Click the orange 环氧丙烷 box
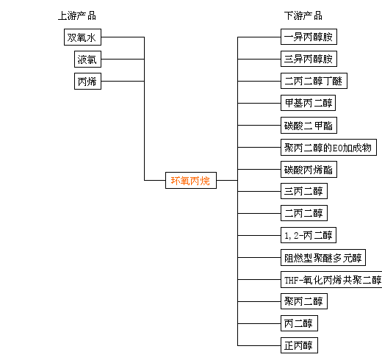click(x=191, y=181)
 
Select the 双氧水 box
click(x=82, y=37)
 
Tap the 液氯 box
click(x=87, y=60)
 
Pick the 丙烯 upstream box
click(x=87, y=82)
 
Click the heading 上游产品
click(x=77, y=16)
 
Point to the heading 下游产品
click(x=303, y=16)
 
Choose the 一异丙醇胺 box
click(x=309, y=37)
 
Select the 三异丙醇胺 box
click(x=309, y=59)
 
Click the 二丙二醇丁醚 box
click(x=314, y=81)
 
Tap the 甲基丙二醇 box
click(x=308, y=103)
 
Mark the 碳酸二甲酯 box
click(x=309, y=126)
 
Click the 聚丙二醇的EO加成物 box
click(x=328, y=148)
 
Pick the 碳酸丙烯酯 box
click(x=309, y=170)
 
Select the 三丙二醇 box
click(x=304, y=191)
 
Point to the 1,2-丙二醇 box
click(x=309, y=235)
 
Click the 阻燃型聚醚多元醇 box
click(x=323, y=258)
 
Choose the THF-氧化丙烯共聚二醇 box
click(x=331, y=280)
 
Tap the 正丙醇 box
click(x=299, y=345)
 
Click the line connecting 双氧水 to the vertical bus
click(x=123, y=37)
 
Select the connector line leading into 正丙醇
click(x=259, y=345)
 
